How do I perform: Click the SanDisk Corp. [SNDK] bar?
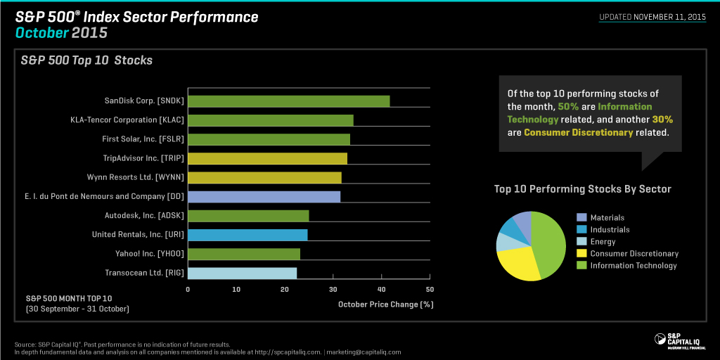[288, 101]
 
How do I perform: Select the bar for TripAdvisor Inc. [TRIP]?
[267, 158]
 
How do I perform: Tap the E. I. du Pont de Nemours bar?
[264, 196]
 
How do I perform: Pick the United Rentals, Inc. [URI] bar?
[247, 234]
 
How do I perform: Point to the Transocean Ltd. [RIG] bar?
[242, 273]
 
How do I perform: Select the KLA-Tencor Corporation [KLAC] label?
[127, 120]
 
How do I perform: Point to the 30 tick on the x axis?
[333, 289]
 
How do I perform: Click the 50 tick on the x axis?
[430, 289]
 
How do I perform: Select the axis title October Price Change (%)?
[385, 304]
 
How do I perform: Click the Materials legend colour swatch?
[581, 218]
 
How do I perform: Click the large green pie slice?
[551, 243]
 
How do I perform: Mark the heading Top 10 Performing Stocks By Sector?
[582, 189]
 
